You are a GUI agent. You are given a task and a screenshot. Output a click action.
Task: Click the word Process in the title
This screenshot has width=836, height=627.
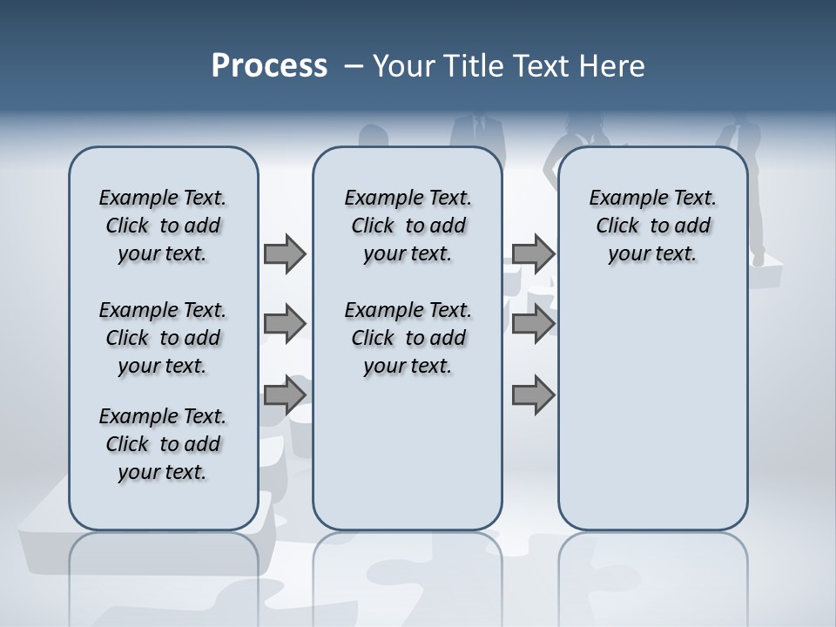tap(269, 66)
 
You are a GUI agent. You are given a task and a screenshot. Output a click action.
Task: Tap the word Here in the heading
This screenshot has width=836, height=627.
tap(612, 66)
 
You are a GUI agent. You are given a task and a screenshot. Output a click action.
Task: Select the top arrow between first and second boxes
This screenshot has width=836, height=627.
tap(285, 253)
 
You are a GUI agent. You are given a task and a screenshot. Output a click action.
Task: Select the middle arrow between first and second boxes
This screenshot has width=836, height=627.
tap(285, 324)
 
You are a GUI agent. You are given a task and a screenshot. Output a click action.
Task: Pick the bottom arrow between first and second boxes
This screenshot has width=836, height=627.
tap(285, 395)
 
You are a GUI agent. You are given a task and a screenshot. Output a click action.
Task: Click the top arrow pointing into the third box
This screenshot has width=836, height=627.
tap(533, 253)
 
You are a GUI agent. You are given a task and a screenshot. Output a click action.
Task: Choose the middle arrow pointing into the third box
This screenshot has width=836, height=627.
tap(533, 324)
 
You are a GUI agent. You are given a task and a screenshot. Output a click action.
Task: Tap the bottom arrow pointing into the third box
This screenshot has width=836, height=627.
tap(533, 395)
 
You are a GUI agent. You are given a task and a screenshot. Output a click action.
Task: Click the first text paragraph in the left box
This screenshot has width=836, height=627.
tap(163, 226)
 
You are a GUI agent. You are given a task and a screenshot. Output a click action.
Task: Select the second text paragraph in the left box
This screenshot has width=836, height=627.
tap(163, 338)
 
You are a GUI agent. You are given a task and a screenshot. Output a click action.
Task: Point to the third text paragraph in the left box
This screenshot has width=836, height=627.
tap(163, 444)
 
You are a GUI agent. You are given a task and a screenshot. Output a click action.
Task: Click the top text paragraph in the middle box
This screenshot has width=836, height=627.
tap(408, 226)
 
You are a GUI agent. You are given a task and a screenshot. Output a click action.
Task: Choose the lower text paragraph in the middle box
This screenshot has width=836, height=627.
tap(408, 338)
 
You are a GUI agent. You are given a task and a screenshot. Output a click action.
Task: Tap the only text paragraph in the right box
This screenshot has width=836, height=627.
tap(652, 226)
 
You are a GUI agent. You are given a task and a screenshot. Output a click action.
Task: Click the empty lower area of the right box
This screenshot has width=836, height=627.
tap(652, 418)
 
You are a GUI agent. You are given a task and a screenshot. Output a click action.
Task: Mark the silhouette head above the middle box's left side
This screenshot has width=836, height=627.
tap(374, 137)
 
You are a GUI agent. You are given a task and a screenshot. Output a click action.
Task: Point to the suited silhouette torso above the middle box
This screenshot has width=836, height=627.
tap(476, 131)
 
